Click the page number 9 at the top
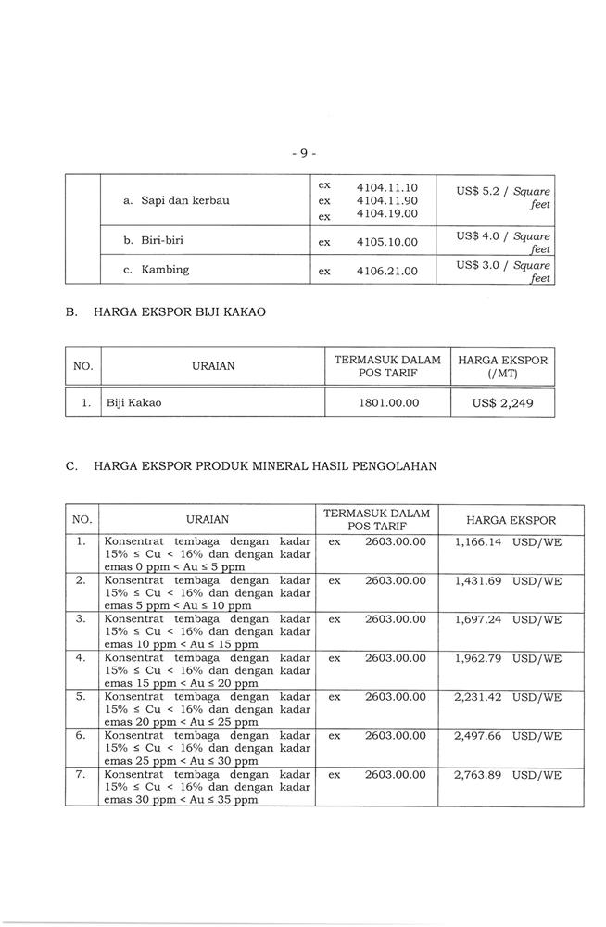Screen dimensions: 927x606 pyautogui.click(x=302, y=152)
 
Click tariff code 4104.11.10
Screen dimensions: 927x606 pyautogui.click(x=386, y=187)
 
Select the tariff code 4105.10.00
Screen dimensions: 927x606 pyautogui.click(x=386, y=242)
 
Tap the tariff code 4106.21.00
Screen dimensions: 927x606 pyautogui.click(x=386, y=272)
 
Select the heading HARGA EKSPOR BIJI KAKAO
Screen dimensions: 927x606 pyautogui.click(x=180, y=312)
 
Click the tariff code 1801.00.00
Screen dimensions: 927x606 pyautogui.click(x=386, y=403)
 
